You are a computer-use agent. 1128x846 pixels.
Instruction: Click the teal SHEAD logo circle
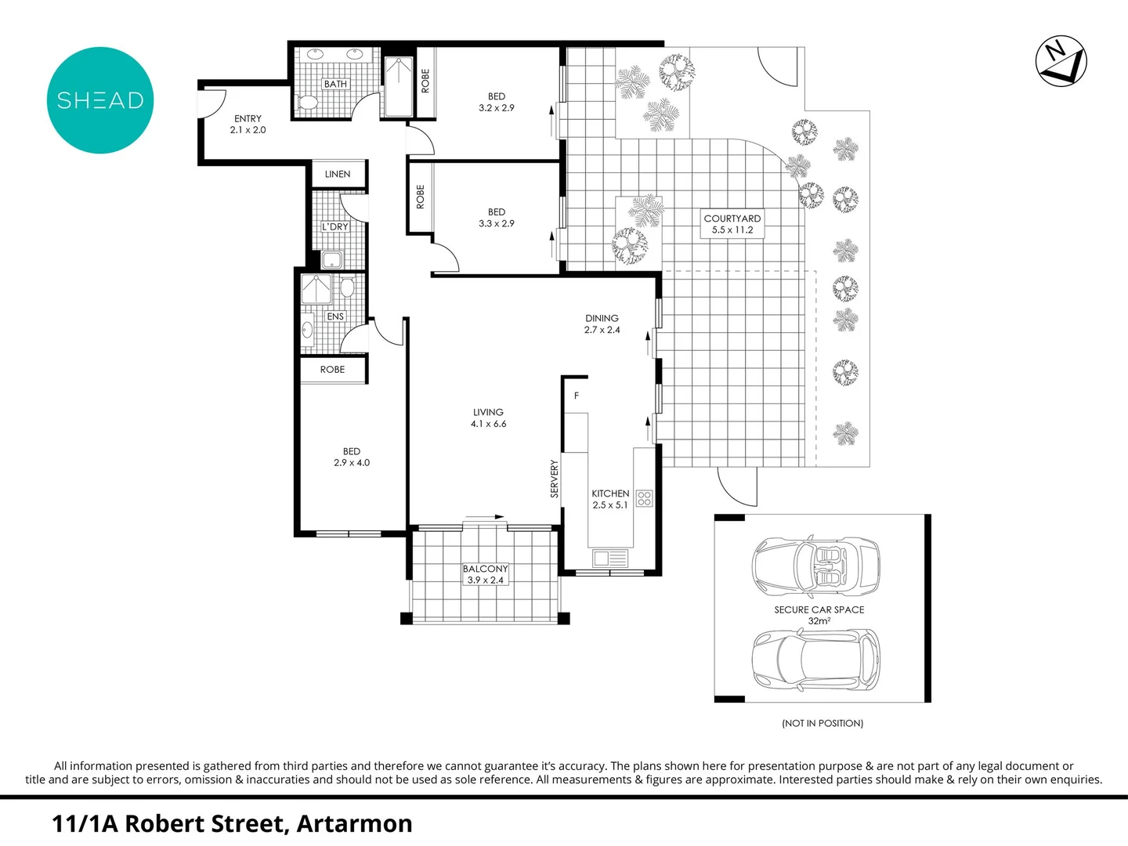100,100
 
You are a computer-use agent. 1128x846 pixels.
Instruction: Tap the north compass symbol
1061,61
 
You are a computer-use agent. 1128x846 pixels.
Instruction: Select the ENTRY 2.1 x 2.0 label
248,125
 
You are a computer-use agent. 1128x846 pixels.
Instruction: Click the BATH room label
335,84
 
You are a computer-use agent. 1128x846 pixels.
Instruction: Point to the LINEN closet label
338,174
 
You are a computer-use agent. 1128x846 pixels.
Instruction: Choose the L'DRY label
335,226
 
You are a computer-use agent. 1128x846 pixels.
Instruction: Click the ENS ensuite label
335,316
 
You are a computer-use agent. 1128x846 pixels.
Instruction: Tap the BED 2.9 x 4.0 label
352,457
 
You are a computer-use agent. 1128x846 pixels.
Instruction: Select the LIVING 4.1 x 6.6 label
488,418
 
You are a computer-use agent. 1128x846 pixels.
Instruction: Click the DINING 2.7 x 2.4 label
602,324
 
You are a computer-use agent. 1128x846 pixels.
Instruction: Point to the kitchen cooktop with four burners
644,497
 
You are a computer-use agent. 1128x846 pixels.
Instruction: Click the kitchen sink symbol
610,558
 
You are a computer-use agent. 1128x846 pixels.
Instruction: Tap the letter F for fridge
577,396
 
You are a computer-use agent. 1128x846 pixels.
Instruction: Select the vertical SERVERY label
555,479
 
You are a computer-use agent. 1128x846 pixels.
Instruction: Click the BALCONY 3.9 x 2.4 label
485,574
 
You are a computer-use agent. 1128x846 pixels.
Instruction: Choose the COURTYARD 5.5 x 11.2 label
732,224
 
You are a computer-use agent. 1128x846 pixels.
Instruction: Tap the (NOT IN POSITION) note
822,723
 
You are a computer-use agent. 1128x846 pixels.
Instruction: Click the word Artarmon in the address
354,823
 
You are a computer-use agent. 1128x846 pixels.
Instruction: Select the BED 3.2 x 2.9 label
497,103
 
